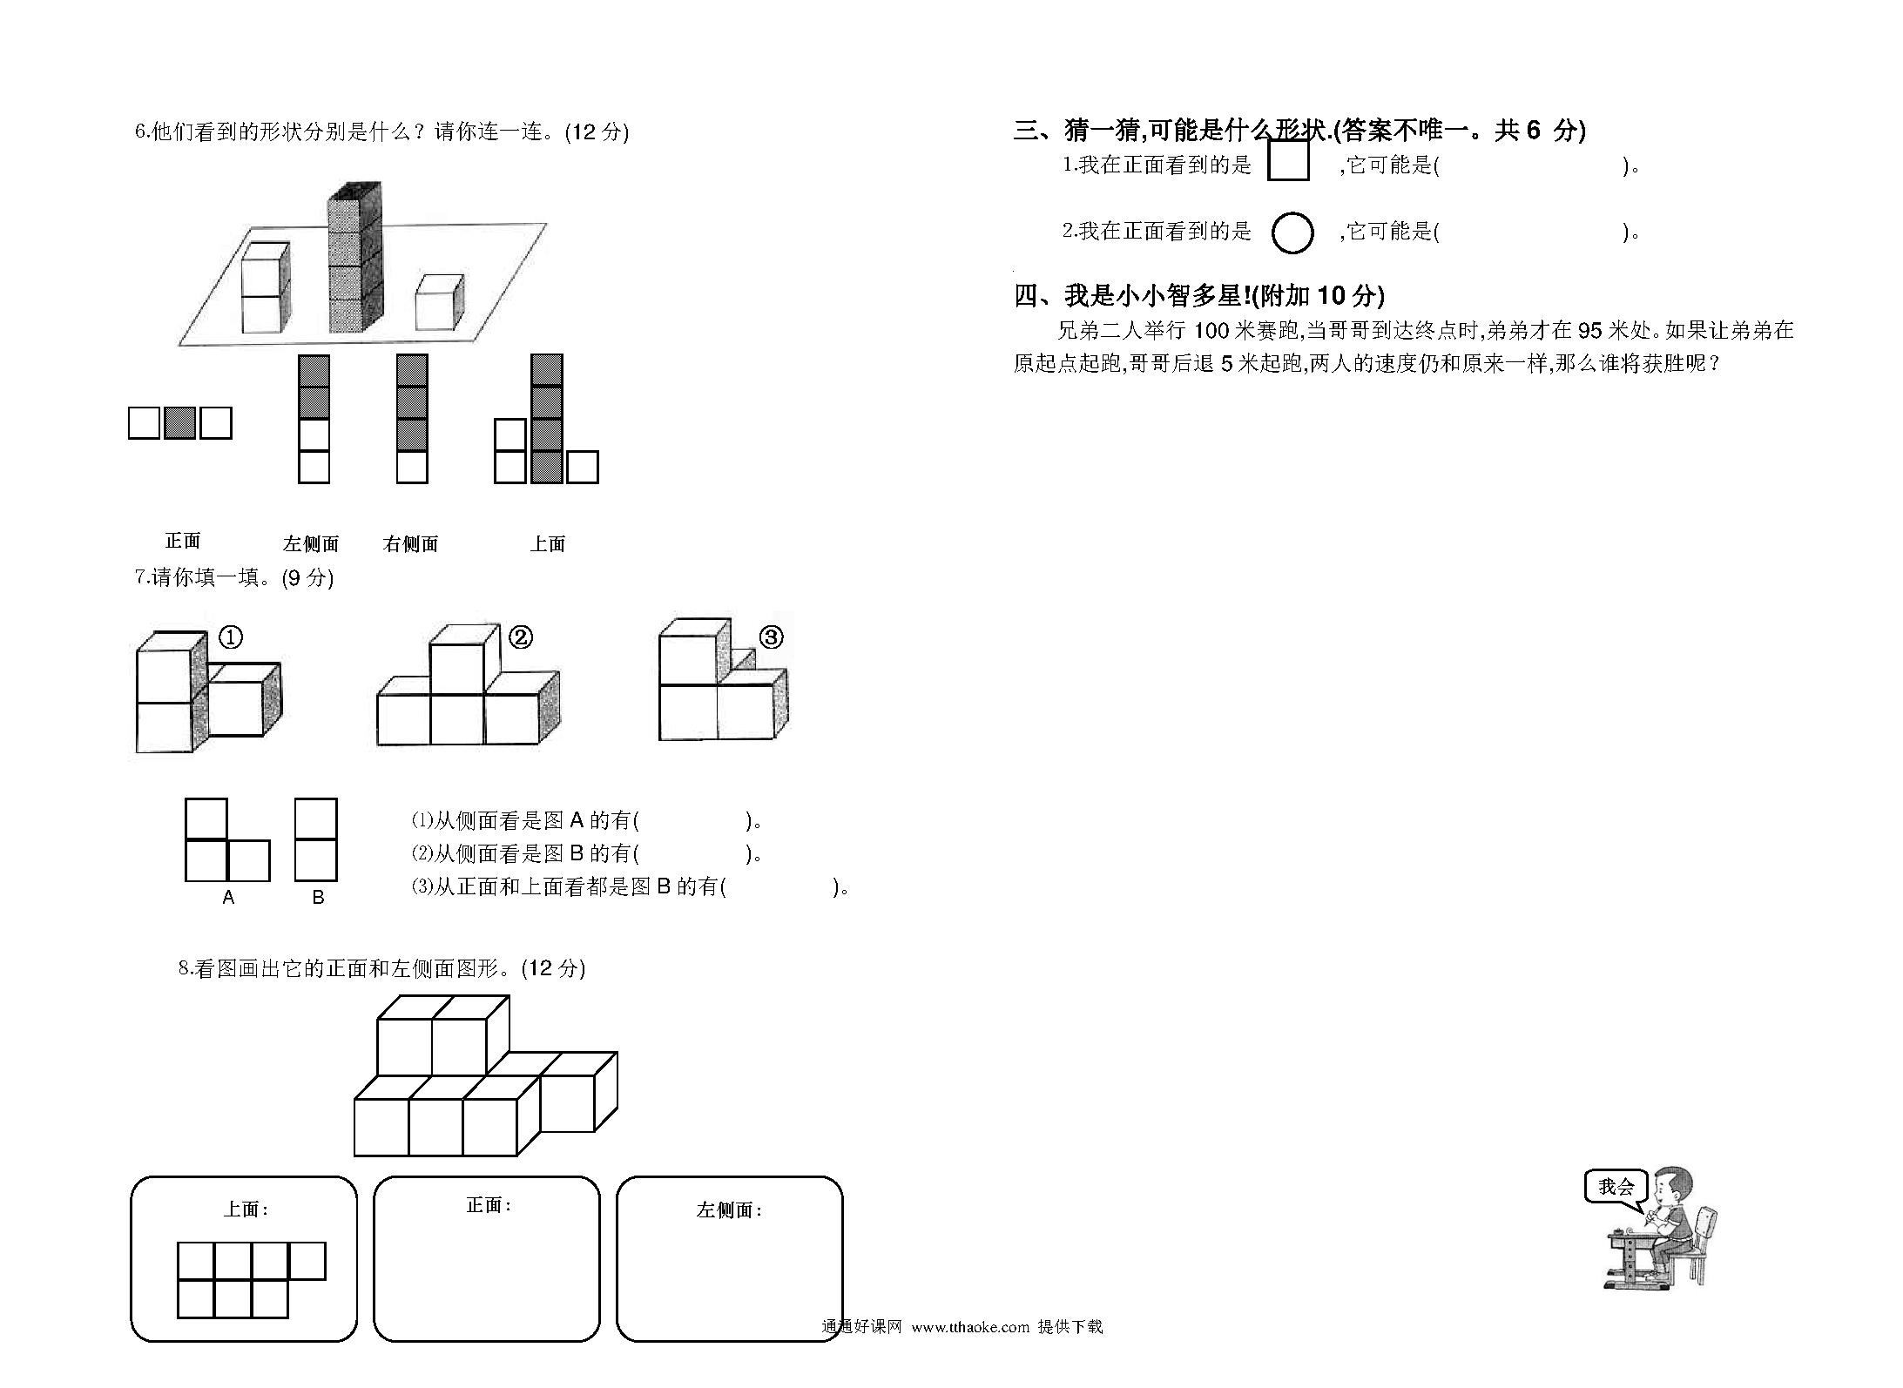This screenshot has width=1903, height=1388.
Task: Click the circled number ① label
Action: point(230,637)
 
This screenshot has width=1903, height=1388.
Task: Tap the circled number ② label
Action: point(520,637)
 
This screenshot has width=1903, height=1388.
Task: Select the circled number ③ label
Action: point(772,637)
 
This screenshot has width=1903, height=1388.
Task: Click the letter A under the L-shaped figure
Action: point(228,898)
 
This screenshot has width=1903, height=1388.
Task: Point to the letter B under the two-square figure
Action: point(318,898)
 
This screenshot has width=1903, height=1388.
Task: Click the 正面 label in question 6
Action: point(183,541)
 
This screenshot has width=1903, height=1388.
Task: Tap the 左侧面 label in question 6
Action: point(311,544)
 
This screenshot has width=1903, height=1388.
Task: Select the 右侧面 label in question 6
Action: point(410,544)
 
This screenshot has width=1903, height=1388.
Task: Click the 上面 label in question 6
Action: point(548,544)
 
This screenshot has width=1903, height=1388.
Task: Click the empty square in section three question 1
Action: point(1288,160)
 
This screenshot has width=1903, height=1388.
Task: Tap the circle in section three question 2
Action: point(1292,232)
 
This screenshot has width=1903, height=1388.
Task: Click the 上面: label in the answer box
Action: point(246,1209)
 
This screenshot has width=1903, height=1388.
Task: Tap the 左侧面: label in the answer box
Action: point(729,1210)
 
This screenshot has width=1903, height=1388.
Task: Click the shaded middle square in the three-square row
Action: point(179,423)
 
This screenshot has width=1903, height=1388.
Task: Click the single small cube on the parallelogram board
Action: point(439,303)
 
